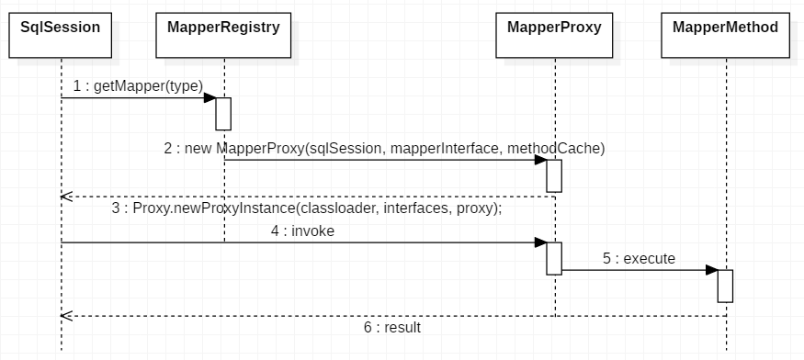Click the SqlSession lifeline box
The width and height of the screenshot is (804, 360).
[61, 35]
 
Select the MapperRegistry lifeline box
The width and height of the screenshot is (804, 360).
[223, 35]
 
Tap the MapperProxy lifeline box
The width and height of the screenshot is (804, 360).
[554, 35]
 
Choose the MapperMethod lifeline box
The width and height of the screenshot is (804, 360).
[725, 35]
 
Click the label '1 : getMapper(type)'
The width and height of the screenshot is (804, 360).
[138, 85]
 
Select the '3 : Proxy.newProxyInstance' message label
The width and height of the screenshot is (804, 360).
[307, 208]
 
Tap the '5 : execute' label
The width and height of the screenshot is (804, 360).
[639, 259]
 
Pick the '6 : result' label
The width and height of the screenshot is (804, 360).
[393, 327]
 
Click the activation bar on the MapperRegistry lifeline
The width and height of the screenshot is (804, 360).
[223, 113]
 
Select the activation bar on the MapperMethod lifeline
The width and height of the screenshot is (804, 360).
[725, 286]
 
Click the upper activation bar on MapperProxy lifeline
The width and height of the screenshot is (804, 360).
[554, 174]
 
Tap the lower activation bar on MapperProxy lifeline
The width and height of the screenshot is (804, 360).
[554, 258]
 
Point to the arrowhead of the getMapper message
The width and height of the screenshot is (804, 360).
[210, 97]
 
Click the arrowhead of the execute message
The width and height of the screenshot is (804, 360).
[712, 270]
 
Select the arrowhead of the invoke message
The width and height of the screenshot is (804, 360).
[541, 242]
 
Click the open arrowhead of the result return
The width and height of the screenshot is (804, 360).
[65, 316]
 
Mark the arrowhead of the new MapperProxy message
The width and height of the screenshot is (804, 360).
[541, 160]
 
